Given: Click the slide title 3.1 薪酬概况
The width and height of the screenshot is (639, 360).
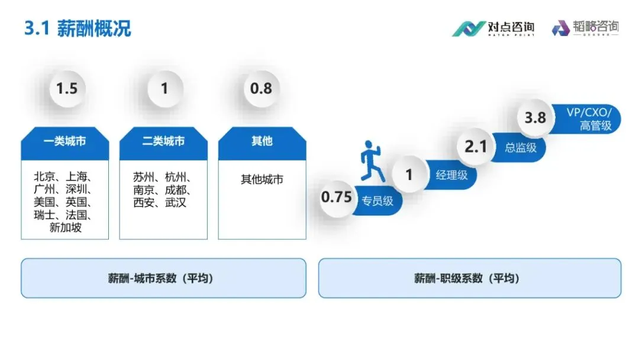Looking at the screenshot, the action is tap(78, 28).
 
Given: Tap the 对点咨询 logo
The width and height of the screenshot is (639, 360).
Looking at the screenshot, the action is tap(493, 28).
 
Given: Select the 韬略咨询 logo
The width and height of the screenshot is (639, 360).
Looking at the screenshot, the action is tap(586, 28).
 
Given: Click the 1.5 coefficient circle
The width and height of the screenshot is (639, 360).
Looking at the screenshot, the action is tap(66, 89).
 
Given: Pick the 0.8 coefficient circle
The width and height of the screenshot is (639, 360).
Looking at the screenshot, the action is tap(261, 89).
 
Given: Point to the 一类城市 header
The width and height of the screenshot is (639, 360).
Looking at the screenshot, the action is tap(64, 142).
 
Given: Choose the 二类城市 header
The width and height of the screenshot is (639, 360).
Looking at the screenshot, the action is tap(163, 142).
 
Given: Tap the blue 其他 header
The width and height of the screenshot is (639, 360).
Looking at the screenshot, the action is tap(262, 142).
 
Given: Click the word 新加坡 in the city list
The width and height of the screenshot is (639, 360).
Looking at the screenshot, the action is tap(65, 228).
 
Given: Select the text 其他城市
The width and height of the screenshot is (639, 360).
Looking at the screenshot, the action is tap(262, 179).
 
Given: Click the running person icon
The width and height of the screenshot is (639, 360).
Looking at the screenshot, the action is tap(372, 161).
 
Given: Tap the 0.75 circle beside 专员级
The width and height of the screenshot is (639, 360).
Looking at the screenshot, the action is tap(337, 197).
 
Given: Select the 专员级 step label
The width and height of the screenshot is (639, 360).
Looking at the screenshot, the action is tap(377, 201).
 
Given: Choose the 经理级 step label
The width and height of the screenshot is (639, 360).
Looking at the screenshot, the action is tap(451, 175).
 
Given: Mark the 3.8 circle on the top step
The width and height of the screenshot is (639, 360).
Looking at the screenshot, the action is tap(535, 118).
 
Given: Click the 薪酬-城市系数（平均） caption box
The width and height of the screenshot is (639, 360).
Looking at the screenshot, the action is tap(163, 278).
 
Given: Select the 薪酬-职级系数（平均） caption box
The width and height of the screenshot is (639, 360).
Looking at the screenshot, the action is tap(470, 278).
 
